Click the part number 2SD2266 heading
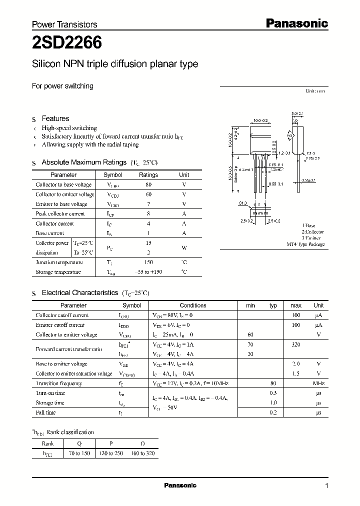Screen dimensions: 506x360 tap(67, 43)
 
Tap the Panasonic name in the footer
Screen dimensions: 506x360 tap(180, 485)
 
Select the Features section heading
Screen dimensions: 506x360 tap(55, 118)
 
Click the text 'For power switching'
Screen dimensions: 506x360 tap(62, 86)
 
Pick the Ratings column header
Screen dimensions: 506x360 tap(148, 175)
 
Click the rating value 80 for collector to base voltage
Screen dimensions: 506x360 tap(148, 184)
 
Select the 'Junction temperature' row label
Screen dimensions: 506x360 tap(59, 262)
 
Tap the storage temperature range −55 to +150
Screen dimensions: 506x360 tap(148, 272)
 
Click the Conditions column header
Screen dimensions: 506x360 tap(192, 305)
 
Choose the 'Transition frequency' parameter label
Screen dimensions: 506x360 tap(59, 383)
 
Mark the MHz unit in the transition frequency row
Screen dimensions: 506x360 tap(318, 383)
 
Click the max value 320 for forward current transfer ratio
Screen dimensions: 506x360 tap(295, 344)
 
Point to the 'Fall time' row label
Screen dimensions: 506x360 tap(46, 412)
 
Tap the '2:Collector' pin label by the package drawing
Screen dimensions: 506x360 tap(312, 232)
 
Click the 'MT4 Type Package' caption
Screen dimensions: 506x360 tap(305, 244)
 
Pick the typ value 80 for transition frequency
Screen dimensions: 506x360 tap(273, 383)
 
